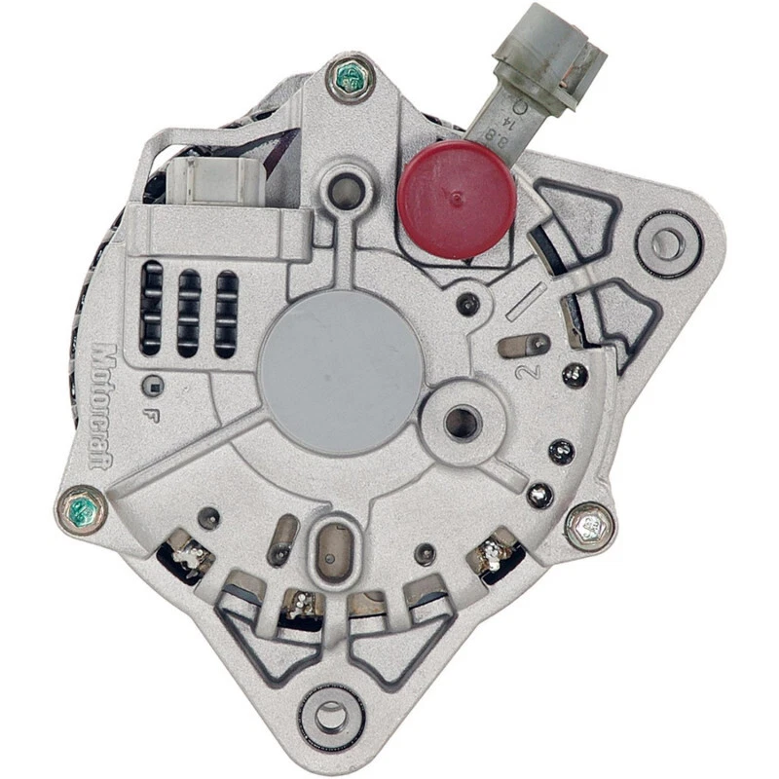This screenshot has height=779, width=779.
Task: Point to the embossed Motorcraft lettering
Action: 101,405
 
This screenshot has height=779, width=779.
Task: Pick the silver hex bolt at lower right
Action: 589,527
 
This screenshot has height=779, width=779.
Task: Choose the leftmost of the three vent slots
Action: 151,307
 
